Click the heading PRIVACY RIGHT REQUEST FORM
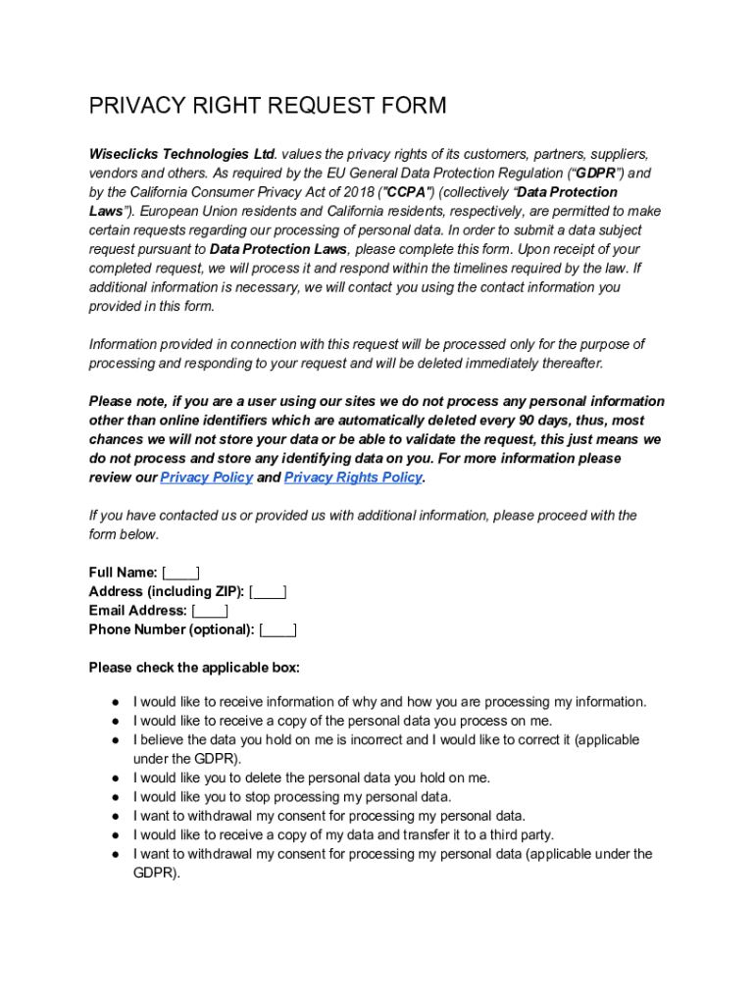pyautogui.click(x=268, y=106)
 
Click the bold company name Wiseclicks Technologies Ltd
pyautogui.click(x=182, y=154)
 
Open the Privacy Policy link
pyautogui.click(x=206, y=477)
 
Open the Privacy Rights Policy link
pyautogui.click(x=353, y=477)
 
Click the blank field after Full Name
pyautogui.click(x=181, y=573)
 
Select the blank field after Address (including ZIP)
pyautogui.click(x=268, y=591)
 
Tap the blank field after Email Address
pyautogui.click(x=210, y=611)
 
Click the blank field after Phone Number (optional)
pyautogui.click(x=278, y=629)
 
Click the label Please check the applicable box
pyautogui.click(x=194, y=668)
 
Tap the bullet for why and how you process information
pyautogui.click(x=116, y=702)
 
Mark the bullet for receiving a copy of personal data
pyautogui.click(x=116, y=721)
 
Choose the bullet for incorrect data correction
pyautogui.click(x=116, y=740)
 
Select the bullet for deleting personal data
pyautogui.click(x=116, y=778)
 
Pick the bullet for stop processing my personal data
pyautogui.click(x=116, y=797)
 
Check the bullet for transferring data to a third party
pyautogui.click(x=116, y=835)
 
